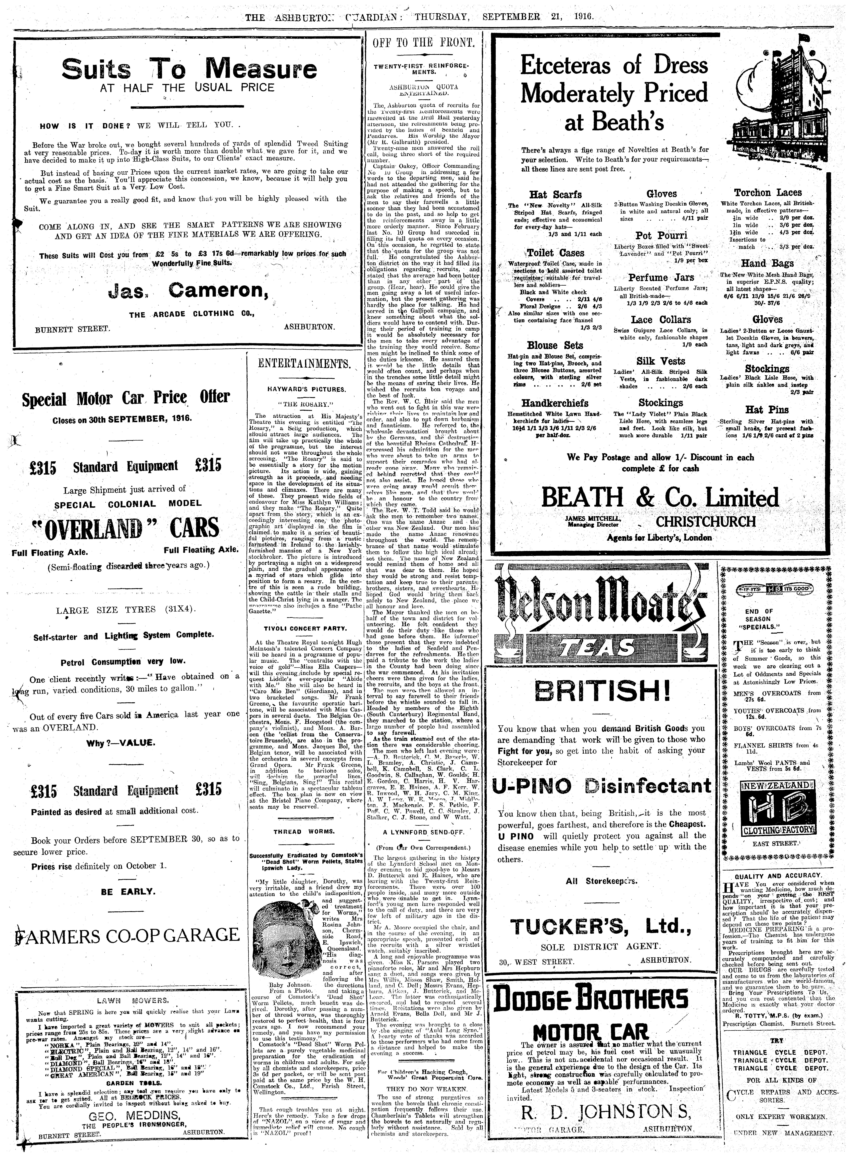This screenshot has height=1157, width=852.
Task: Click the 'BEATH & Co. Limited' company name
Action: tap(660, 498)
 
